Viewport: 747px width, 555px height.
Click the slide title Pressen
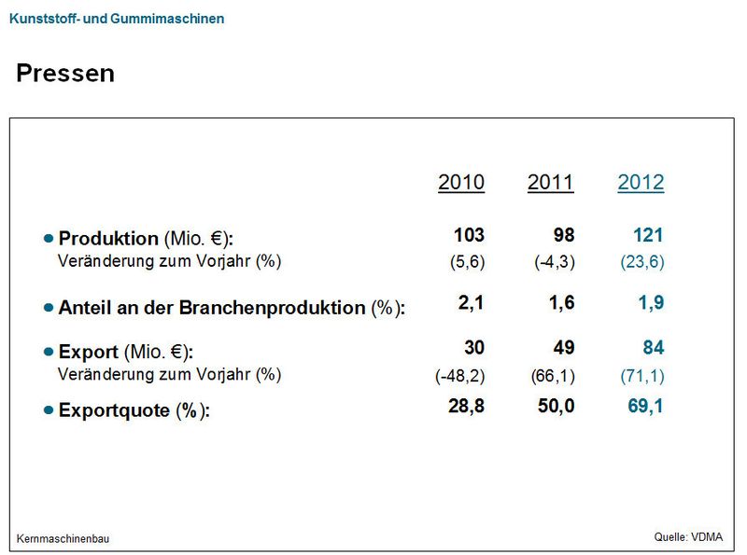(65, 74)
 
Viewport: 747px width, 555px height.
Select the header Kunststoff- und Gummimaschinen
(116, 18)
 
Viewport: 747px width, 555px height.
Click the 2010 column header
(461, 182)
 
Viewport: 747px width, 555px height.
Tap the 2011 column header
(551, 182)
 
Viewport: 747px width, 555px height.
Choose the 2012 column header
(641, 182)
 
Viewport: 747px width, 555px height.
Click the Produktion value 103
(469, 235)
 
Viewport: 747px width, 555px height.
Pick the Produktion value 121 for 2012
(647, 235)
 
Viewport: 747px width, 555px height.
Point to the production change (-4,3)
(555, 262)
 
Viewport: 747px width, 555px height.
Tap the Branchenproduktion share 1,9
(651, 303)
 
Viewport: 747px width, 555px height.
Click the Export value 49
(563, 348)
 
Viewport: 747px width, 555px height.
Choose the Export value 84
(652, 348)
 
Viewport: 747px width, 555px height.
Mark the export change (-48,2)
(459, 375)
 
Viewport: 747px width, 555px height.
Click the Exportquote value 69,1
(645, 406)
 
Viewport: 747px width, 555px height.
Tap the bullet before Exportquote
(49, 410)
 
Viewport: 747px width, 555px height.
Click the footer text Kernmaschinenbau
(63, 538)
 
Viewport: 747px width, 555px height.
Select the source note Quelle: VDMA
(688, 536)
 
